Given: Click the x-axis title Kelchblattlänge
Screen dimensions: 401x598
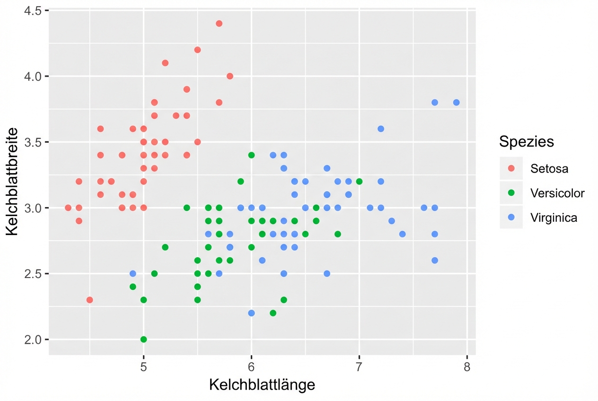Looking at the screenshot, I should [x=262, y=384].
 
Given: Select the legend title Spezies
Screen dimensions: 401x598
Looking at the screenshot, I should [x=527, y=141].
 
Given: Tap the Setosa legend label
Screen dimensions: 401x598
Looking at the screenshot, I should [x=549, y=168].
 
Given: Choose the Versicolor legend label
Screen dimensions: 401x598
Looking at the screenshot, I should [x=557, y=193].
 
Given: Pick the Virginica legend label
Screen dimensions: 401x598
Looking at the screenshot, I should [x=554, y=218].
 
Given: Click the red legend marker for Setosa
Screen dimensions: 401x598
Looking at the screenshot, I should [x=511, y=168].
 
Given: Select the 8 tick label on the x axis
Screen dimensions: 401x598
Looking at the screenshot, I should [x=467, y=367].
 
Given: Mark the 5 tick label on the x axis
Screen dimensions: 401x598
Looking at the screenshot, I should [x=144, y=367].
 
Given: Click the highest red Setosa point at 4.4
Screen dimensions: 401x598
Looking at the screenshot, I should [x=219, y=24].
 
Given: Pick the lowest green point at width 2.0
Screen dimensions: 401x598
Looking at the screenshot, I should [x=144, y=340].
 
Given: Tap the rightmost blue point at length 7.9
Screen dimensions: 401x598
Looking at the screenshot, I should [x=456, y=103].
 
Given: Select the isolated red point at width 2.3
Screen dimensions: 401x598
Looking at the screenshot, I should [x=90, y=300].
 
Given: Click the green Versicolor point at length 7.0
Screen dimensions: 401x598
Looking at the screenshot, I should [x=359, y=181].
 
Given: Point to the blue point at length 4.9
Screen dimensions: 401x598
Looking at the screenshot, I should [x=133, y=274].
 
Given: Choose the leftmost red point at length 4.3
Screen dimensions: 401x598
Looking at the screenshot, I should [x=68, y=208].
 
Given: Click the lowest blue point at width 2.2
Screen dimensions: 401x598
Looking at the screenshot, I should [x=251, y=313].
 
